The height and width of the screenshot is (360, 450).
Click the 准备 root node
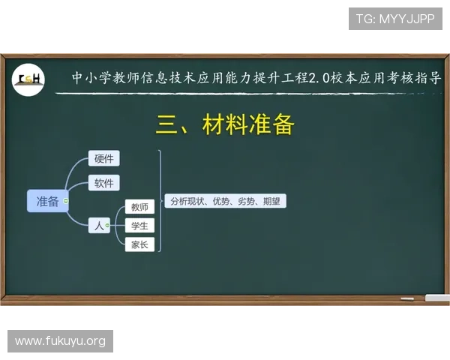click(47, 201)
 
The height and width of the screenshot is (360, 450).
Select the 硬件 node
click(104, 158)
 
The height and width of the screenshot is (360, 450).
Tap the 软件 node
click(104, 183)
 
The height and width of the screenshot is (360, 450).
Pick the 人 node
click(98, 224)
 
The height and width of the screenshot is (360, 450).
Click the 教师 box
click(139, 207)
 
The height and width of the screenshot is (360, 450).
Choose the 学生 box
click(139, 226)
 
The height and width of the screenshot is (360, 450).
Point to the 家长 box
click(139, 244)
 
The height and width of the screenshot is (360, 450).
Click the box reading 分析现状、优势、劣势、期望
click(225, 201)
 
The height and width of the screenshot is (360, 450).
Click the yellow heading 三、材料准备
click(224, 124)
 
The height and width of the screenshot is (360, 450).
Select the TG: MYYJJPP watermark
click(395, 19)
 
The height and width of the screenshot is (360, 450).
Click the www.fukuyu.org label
click(60, 342)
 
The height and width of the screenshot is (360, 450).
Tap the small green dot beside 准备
click(67, 201)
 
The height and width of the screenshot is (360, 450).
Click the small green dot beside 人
click(108, 225)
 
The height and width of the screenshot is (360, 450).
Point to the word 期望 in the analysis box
click(271, 201)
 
